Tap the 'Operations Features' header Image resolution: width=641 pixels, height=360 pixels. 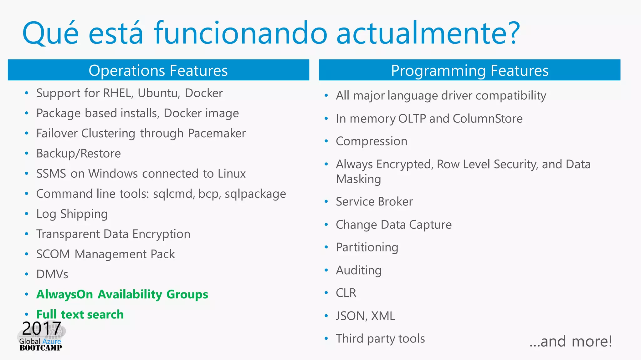coord(158,70)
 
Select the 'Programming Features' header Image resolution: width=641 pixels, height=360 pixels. coord(469,70)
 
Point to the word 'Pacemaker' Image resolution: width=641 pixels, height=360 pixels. coord(217,134)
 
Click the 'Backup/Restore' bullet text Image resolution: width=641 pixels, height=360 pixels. coord(79,154)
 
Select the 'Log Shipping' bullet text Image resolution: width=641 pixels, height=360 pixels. coord(72,214)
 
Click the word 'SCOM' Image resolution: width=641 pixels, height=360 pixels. coord(53,254)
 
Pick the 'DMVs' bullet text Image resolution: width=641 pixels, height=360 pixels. coord(52,274)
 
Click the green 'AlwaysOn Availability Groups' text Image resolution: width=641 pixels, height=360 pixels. coord(122,294)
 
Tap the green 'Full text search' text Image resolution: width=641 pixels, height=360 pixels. coord(80,314)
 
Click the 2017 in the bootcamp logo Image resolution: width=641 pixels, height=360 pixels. coord(41,328)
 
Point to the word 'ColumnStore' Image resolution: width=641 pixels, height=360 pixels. coord(487,119)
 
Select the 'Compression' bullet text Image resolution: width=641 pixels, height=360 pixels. coord(372,141)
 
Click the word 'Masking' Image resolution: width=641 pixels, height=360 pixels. coord(358,179)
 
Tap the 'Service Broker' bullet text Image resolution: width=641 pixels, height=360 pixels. coord(374,202)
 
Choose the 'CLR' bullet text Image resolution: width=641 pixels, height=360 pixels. coord(346,293)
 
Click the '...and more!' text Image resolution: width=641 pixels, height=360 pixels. coord(571,341)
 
